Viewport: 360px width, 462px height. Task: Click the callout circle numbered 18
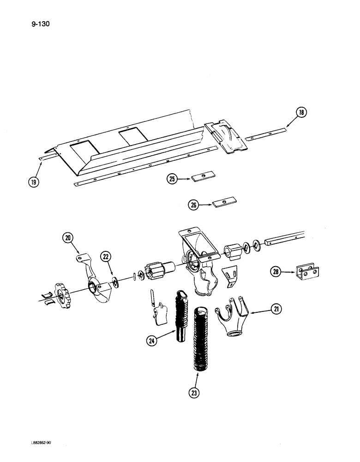tap(300, 112)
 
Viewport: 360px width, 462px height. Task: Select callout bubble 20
tap(67, 238)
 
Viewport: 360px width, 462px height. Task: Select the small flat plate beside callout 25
tap(200, 177)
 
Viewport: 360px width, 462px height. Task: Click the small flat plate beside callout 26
tap(223, 202)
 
